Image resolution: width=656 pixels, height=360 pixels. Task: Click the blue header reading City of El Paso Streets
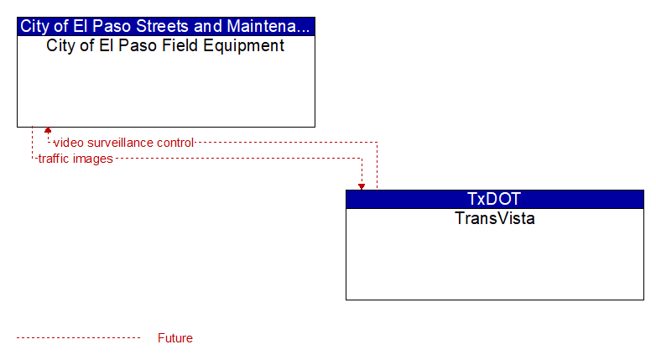pos(165,26)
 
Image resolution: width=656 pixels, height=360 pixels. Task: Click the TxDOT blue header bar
pos(495,199)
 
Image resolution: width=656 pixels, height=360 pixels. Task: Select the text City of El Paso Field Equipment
pos(165,46)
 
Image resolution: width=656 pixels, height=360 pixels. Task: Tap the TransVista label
pos(495,218)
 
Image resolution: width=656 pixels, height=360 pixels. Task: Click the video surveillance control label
pos(123,143)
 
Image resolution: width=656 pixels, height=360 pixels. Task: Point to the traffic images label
pos(75,159)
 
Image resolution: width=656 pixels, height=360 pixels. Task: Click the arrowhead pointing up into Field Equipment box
pos(48,130)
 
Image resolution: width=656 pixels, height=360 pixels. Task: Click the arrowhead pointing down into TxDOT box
pos(362,186)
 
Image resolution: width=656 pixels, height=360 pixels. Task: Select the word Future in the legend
pos(175,338)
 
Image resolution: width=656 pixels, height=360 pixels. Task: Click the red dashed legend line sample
pos(78,338)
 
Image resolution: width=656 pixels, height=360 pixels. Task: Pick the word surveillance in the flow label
pos(120,143)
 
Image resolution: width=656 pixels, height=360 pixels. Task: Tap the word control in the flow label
pos(175,143)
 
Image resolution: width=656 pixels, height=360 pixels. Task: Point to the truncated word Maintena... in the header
pos(268,26)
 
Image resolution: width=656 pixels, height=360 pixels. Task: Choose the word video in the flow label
pos(69,143)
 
